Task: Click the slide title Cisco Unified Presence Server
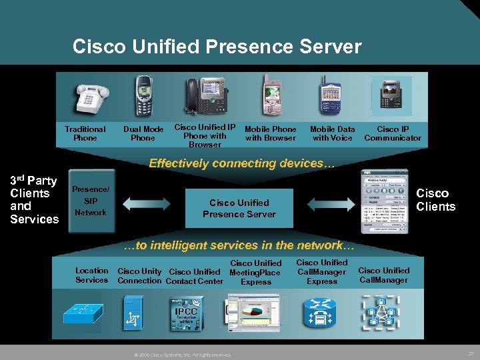pos(217,47)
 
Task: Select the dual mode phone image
pos(143,97)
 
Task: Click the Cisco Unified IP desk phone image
pos(204,96)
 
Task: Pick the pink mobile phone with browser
pos(272,96)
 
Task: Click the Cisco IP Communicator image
pos(392,96)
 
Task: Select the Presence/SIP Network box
pos(91,201)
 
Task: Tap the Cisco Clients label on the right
pos(435,199)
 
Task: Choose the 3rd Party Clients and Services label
pos(34,199)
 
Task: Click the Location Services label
pos(91,275)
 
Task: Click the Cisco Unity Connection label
pos(139,276)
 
